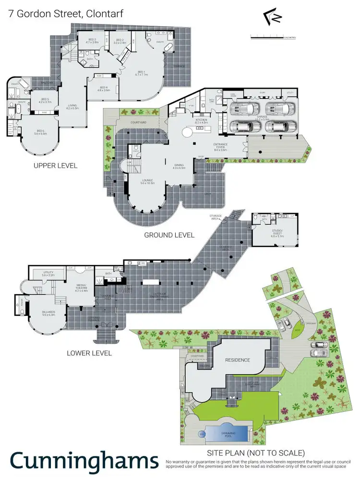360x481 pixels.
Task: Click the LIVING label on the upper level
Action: (x=72, y=107)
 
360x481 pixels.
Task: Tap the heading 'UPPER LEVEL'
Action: (x=55, y=166)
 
